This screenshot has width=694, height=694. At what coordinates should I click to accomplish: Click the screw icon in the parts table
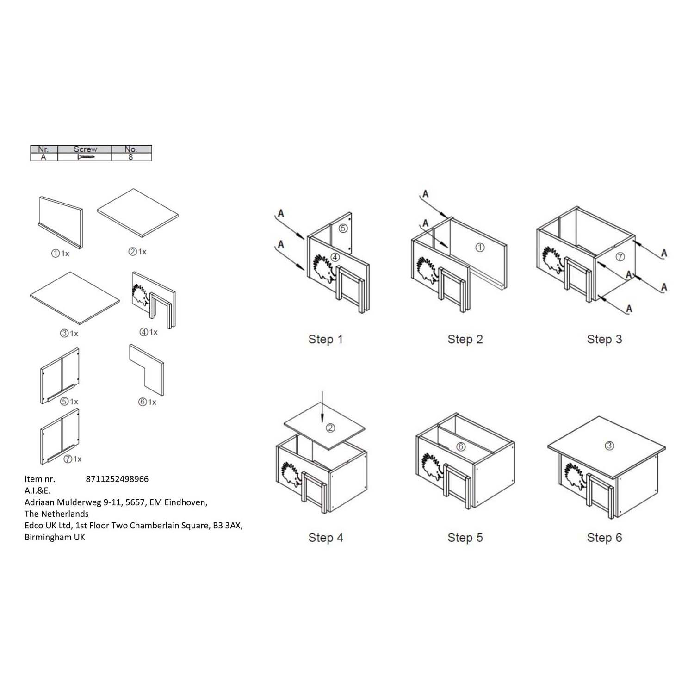pos(86,157)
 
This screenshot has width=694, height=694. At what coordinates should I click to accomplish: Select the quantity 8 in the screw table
pos(131,157)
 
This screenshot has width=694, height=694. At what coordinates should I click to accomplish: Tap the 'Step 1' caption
pos(326,340)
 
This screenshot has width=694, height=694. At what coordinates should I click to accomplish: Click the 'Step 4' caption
pos(326,538)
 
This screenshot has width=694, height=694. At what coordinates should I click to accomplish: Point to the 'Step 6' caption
pos(604,538)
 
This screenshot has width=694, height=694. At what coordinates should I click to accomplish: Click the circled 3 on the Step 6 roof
pos(609,446)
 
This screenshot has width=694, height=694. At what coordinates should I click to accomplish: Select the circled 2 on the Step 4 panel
pos(330,428)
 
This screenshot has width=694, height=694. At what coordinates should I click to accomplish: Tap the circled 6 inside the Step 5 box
pos(461,447)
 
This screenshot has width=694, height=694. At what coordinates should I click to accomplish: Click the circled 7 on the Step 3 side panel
pos(620,257)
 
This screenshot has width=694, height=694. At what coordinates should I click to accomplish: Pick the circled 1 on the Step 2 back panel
pos(480,248)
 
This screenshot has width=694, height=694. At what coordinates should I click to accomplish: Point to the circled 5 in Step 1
pos(343,228)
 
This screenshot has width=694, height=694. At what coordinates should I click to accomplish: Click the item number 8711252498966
pos(118,479)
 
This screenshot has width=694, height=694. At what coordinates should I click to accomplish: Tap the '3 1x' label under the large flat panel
pos(69,334)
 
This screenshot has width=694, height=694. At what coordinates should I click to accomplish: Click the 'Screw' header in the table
pos(85,149)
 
